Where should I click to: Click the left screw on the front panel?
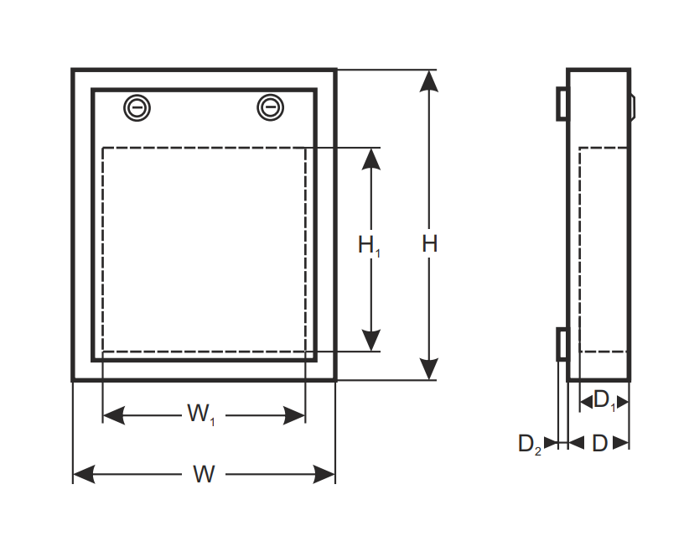137,107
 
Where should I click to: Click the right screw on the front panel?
270,107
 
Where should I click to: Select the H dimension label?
429,243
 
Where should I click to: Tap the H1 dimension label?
369,246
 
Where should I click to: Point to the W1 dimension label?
201,414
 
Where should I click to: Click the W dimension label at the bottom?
204,474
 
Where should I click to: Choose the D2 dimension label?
530,445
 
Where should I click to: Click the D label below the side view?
600,443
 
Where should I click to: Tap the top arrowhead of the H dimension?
429,81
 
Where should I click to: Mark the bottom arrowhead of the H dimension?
429,369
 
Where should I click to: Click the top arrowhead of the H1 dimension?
370,159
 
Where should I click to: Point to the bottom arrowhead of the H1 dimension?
370,341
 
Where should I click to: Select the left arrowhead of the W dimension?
84,474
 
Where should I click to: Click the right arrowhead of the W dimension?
324,474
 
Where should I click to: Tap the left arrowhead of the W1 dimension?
114,415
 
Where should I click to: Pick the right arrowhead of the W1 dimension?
294,415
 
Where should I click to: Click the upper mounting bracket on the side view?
563,103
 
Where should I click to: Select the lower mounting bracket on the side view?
563,344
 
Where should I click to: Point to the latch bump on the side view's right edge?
633,107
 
